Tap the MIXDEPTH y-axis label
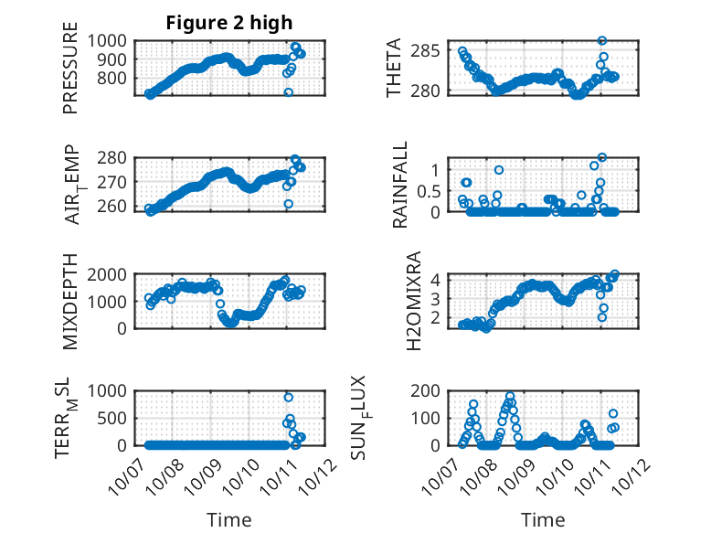(71, 303)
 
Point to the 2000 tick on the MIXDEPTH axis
(111, 274)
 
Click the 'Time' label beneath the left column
(228, 520)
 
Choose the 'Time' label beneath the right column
(543, 520)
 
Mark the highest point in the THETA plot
(602, 40)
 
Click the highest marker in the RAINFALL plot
(602, 157)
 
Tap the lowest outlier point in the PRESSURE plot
(289, 92)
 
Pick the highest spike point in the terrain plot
(289, 397)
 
